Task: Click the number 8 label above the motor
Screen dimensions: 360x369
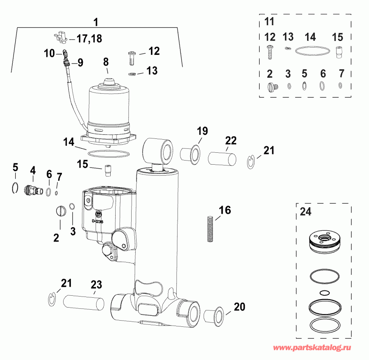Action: click(x=106, y=62)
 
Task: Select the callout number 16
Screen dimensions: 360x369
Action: click(x=225, y=211)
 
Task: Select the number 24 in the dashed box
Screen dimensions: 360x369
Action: click(x=306, y=212)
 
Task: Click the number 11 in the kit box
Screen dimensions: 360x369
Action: click(x=269, y=21)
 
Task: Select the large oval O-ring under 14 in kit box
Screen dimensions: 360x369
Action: click(x=312, y=50)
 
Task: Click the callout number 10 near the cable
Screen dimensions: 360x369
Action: click(x=50, y=54)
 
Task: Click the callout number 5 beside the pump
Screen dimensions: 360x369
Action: click(x=15, y=167)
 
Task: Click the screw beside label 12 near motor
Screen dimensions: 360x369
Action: click(x=132, y=58)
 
